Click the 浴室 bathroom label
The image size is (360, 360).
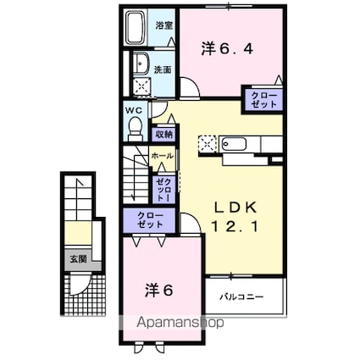(163, 25)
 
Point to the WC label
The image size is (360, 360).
(134, 110)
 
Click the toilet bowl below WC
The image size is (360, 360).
(134, 127)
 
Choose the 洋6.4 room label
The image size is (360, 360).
(228, 50)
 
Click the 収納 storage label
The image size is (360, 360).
(164, 133)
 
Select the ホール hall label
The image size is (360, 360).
(162, 157)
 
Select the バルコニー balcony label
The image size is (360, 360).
(243, 298)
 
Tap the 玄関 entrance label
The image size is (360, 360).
(77, 259)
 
